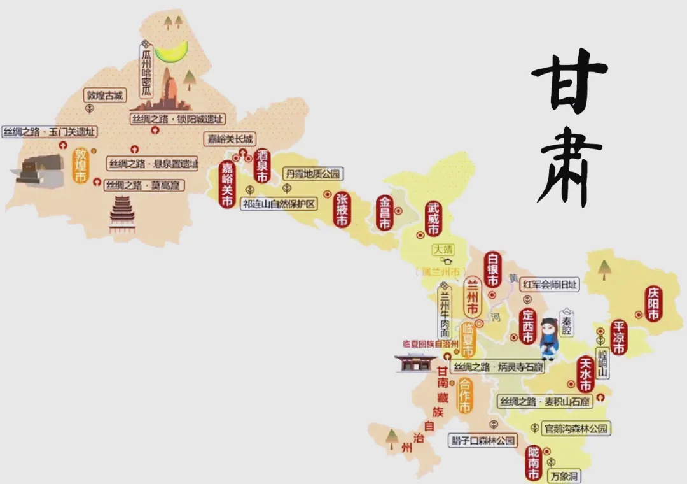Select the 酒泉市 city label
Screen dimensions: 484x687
[263, 166]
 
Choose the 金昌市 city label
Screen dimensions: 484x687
[385, 213]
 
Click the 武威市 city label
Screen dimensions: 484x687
[434, 218]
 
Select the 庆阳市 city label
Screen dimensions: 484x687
[653, 304]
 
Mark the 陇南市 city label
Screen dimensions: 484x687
[533, 463]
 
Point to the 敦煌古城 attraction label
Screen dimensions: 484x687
[105, 96]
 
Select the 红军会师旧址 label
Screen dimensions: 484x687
[550, 285]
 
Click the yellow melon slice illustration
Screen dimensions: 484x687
[172, 51]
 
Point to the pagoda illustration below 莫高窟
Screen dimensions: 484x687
[122, 215]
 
